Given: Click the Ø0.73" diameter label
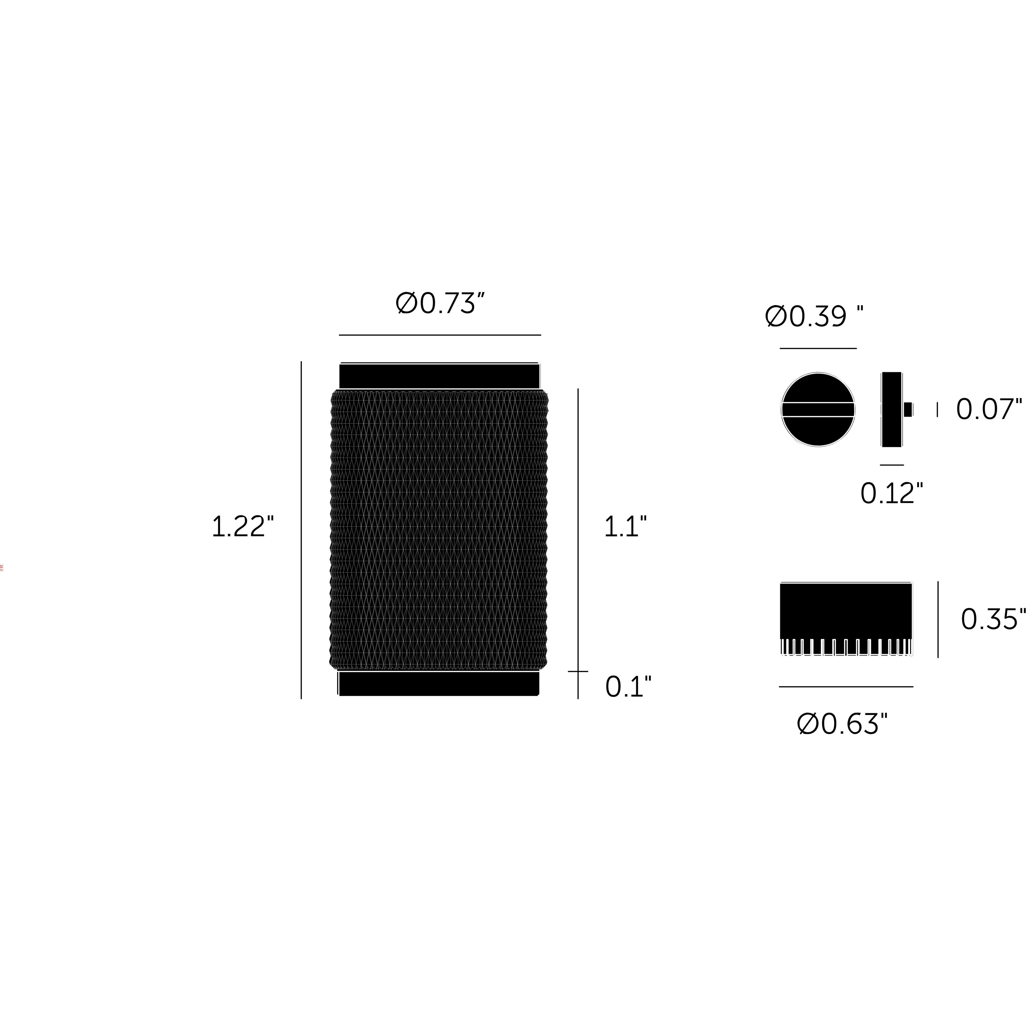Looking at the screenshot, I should click(440, 304).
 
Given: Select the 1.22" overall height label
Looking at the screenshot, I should click(243, 527).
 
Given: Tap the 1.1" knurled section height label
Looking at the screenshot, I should click(625, 527).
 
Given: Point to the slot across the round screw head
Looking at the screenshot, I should click(818, 410).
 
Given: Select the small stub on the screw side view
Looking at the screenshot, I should click(908, 410).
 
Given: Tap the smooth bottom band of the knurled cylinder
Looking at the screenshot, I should click(439, 684).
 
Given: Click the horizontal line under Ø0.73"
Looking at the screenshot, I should click(440, 335).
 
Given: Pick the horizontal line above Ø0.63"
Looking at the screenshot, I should click(846, 687).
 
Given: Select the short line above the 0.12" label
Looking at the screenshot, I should click(892, 465).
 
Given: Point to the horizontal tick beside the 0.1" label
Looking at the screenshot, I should click(578, 671).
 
